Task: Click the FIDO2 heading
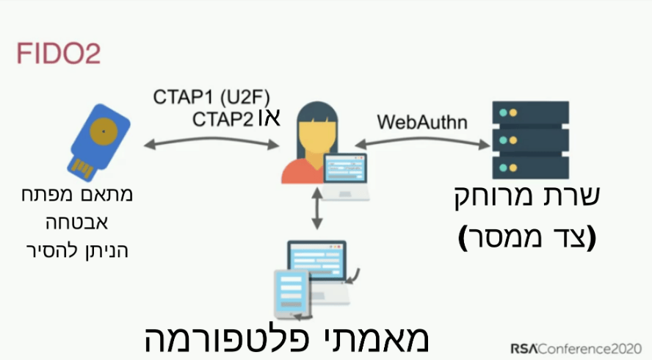58,54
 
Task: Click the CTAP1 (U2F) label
212,97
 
